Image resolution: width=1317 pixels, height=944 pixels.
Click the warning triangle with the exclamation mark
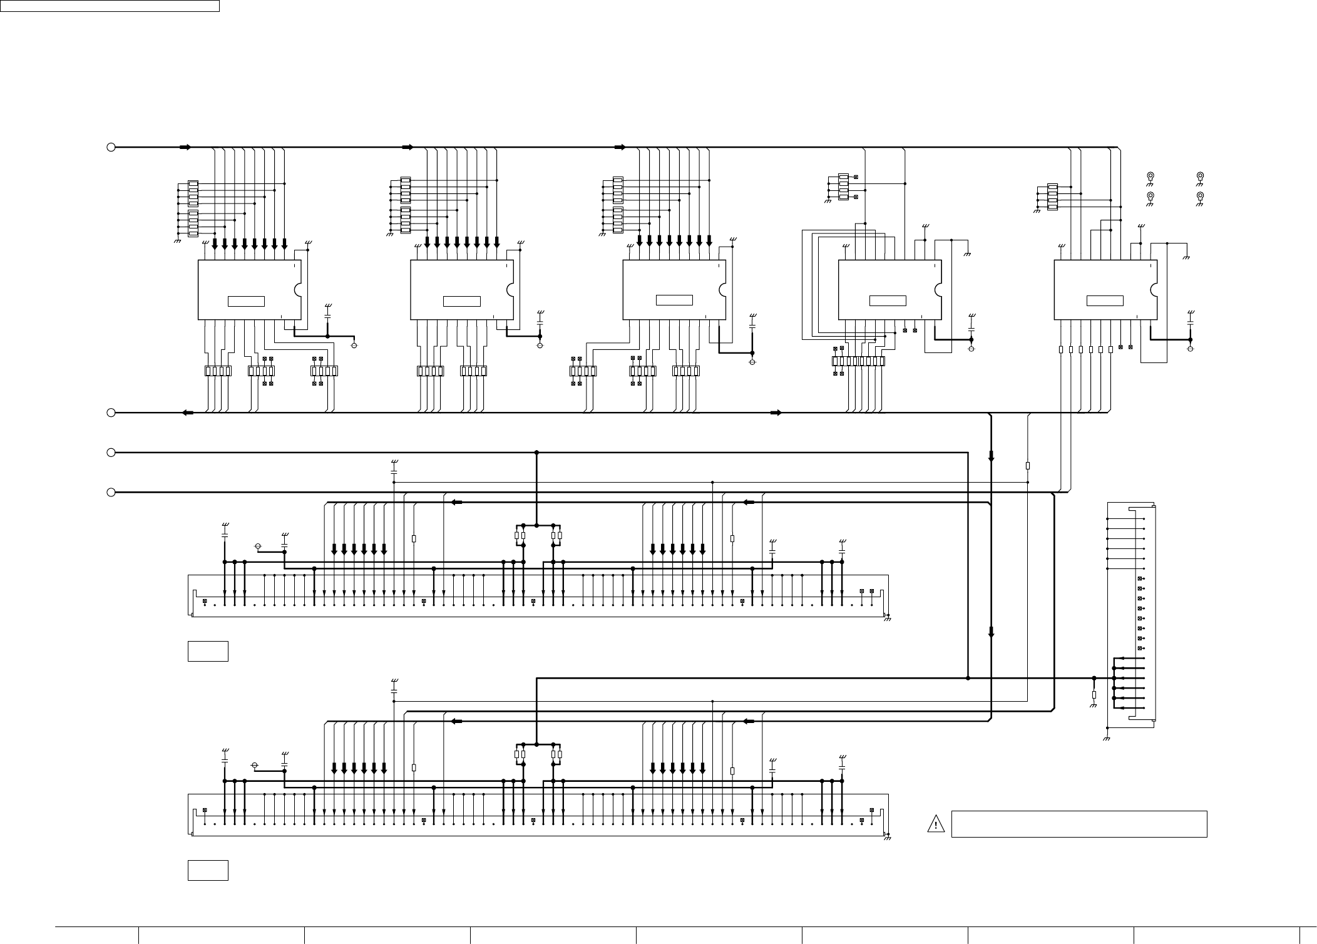tap(935, 824)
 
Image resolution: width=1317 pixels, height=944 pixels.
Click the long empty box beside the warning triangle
tap(1079, 824)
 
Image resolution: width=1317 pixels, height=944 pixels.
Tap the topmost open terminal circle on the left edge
tap(111, 147)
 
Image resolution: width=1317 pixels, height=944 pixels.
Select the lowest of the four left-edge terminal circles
tap(111, 493)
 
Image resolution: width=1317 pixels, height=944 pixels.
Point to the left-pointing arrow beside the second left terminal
tap(187, 413)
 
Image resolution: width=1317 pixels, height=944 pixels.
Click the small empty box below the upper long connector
tap(208, 651)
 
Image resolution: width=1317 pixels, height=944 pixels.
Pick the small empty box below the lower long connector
tap(208, 870)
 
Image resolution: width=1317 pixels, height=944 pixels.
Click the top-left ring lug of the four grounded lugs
tap(1150, 176)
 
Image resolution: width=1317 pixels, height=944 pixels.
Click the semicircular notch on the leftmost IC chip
tap(298, 290)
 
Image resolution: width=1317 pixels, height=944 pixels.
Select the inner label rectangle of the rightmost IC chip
tap(1105, 301)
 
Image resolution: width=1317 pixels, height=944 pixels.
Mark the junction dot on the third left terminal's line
tap(536, 452)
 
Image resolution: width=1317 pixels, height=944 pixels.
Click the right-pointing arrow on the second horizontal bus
tap(776, 413)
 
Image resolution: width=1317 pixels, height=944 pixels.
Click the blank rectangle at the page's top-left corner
tap(110, 6)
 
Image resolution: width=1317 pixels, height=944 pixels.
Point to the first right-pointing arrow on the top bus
tap(185, 147)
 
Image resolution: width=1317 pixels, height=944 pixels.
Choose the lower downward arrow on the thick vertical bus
tap(991, 632)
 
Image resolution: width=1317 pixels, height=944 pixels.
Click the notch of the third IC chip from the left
tap(722, 290)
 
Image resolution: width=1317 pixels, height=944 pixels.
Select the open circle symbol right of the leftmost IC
tap(355, 345)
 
